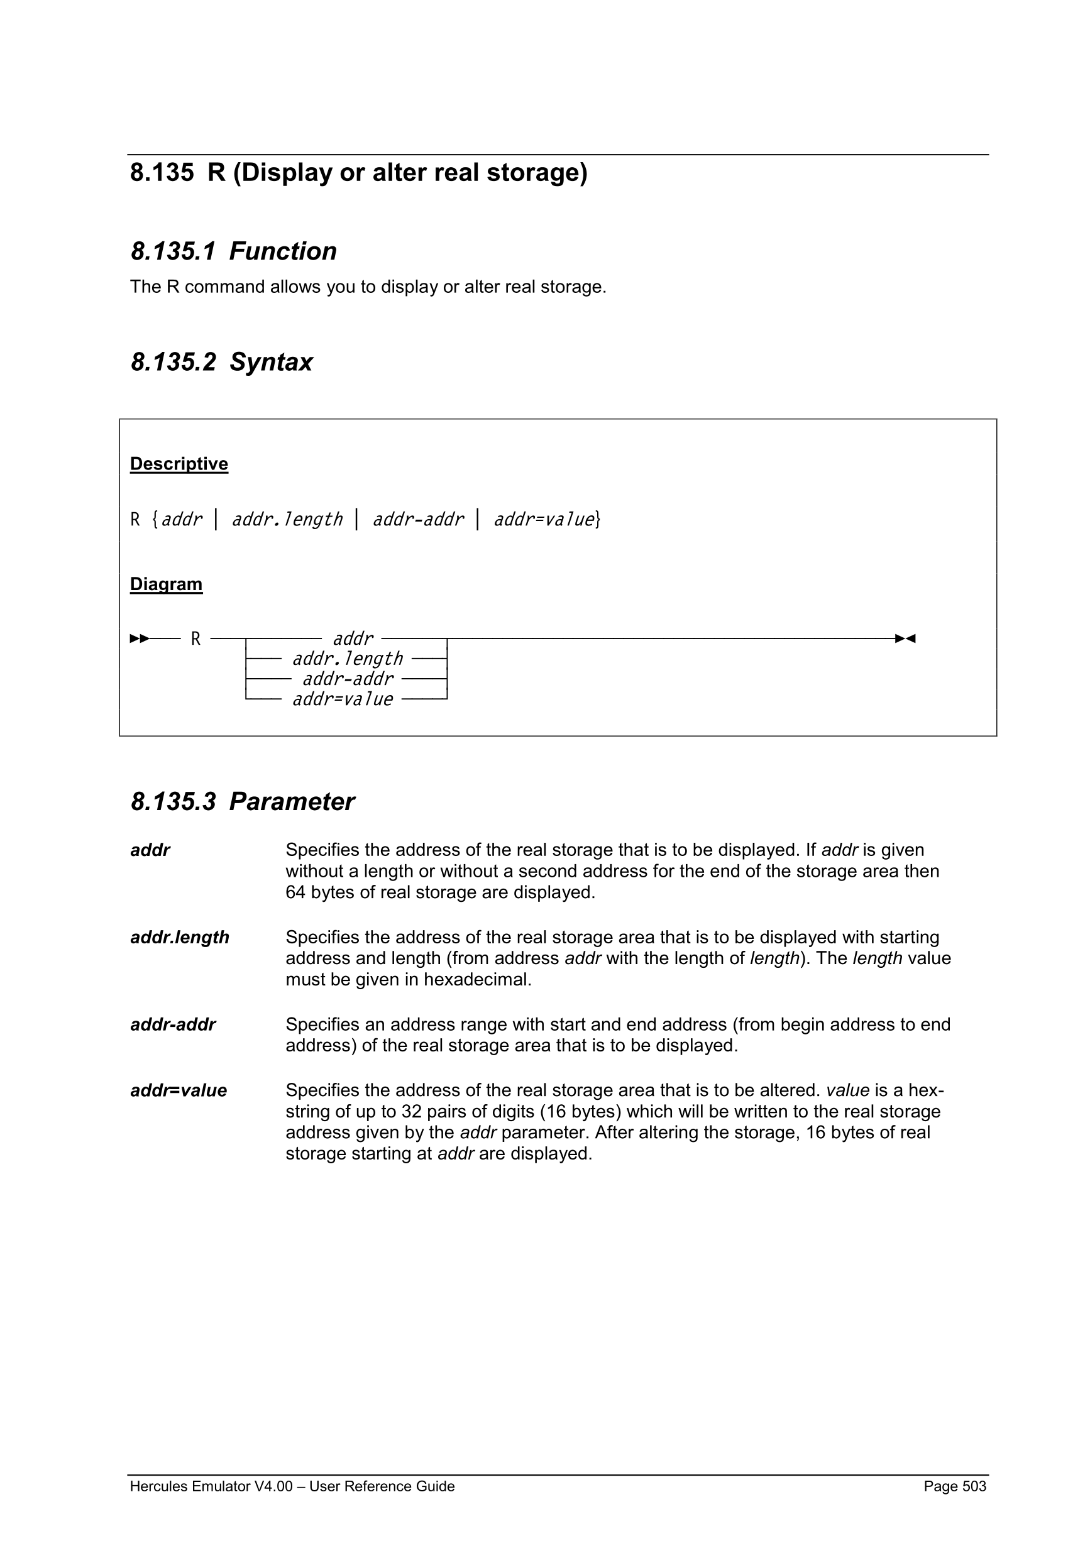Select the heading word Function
click(x=283, y=251)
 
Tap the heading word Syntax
click(x=271, y=363)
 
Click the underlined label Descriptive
click(x=179, y=464)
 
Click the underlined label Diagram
click(x=166, y=584)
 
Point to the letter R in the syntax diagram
click(x=196, y=639)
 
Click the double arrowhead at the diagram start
click(x=140, y=639)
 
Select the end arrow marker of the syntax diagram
click(x=905, y=639)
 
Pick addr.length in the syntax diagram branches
click(x=347, y=659)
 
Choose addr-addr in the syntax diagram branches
click(x=347, y=679)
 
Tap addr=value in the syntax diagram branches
click(x=343, y=699)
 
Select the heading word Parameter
click(x=292, y=802)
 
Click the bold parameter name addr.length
click(x=179, y=938)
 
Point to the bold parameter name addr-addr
click(x=172, y=1025)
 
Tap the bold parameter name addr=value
click(x=178, y=1090)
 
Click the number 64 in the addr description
click(x=295, y=892)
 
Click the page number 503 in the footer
click(x=974, y=1486)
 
